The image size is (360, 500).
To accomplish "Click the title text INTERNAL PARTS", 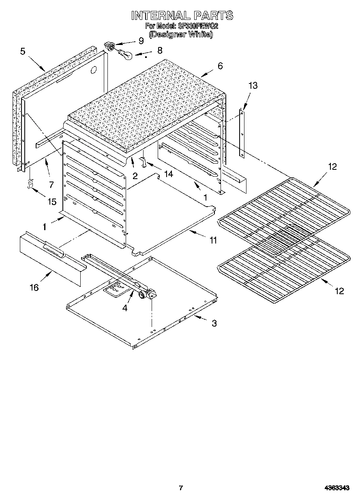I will point(182,15).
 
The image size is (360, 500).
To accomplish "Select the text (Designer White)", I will point(181,34).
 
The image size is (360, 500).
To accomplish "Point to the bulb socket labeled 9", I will point(109,46).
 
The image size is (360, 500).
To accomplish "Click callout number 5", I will point(23,51).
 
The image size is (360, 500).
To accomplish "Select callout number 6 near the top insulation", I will point(220,66).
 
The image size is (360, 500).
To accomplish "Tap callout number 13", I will point(253,85).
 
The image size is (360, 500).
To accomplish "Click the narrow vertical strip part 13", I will point(242,133).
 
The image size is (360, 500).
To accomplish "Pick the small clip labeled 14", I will point(143,161).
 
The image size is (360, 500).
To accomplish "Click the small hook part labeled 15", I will point(29,184).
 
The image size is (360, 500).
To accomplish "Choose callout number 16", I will point(34,287).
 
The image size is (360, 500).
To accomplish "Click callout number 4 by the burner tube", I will point(125,308).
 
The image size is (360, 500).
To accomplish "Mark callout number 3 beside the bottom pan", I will point(214,323).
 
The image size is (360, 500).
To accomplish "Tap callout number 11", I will point(213,240).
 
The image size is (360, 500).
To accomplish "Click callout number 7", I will point(51,185).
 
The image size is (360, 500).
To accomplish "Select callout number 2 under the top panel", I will point(135,176).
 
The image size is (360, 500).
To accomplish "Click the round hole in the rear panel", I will point(93,70).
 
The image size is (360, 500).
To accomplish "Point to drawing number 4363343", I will point(337,488).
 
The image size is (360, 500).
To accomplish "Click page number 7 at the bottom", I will point(181,488).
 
